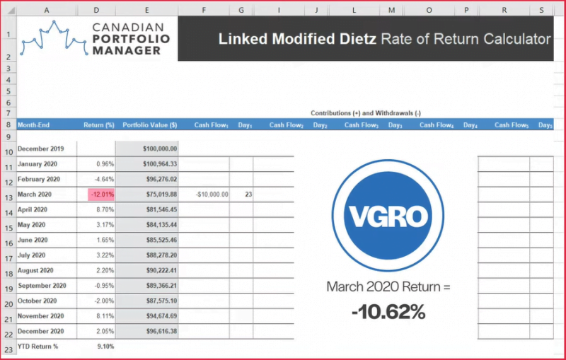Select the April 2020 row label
point(36,210)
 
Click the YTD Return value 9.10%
point(103,347)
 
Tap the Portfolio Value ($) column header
point(150,125)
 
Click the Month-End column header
point(33,125)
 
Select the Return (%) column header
point(99,125)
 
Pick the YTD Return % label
point(37,347)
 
